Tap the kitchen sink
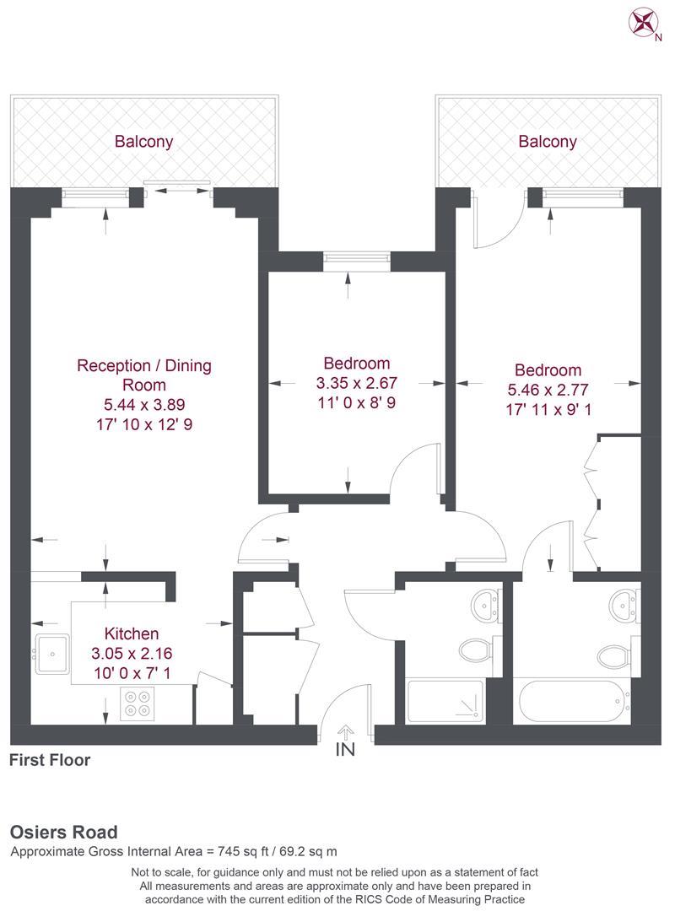point(52,651)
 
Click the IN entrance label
point(344,749)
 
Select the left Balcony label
point(144,142)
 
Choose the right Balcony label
point(548,142)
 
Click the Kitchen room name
point(131,633)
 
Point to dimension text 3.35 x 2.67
point(356,383)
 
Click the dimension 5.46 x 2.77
point(548,390)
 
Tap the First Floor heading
point(50,760)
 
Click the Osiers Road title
point(64,833)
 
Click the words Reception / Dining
point(144,365)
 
